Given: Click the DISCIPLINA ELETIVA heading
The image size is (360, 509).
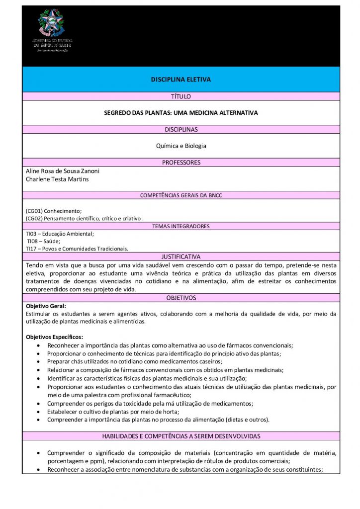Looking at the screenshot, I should coord(180,79).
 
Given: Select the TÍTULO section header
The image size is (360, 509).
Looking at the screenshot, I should coord(180,96).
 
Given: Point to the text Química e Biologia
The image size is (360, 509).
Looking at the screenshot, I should coord(180,146).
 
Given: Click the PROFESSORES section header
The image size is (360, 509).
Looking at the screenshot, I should coord(180,163).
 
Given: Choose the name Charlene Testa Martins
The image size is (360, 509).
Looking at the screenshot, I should coord(57,179).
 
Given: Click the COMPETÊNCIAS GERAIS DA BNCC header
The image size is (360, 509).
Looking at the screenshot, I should coord(180,195).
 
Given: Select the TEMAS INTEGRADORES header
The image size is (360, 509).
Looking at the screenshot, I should coord(180,226).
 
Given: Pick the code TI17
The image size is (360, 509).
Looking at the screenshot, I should coord(31,249).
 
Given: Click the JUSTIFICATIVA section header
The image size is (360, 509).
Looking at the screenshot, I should coord(180,256).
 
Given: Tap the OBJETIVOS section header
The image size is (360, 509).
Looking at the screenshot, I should coord(180,298).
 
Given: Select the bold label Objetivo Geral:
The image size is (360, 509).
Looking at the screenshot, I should coord(46,306).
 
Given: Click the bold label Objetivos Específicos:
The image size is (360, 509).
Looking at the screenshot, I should coord(55,337).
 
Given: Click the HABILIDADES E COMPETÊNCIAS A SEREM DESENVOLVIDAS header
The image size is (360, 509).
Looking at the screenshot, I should coord(180,436).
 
